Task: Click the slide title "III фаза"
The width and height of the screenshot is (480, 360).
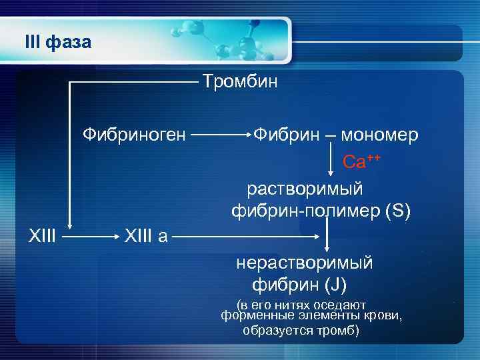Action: click(x=57, y=43)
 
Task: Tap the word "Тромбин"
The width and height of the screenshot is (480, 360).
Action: click(x=240, y=82)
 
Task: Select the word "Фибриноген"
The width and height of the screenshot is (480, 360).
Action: click(x=134, y=135)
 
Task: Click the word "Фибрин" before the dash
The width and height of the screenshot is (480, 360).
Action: click(x=286, y=135)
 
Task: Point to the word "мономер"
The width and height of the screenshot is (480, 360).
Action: click(x=380, y=135)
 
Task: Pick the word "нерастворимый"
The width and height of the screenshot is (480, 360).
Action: click(x=304, y=263)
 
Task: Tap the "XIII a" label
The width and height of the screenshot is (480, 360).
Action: click(x=145, y=235)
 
